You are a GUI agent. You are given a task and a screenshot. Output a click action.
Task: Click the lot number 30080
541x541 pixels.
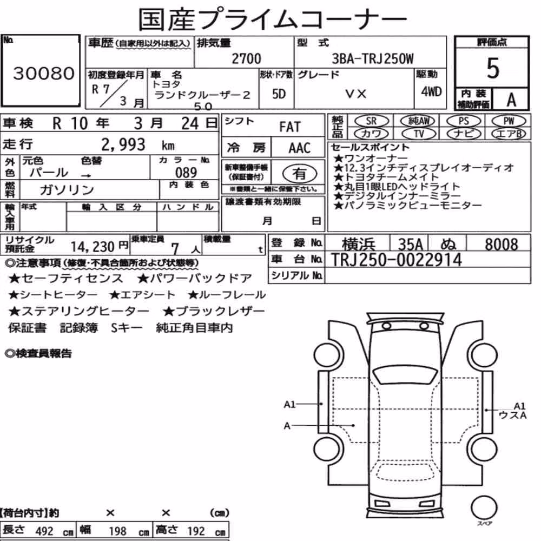coord(44,73)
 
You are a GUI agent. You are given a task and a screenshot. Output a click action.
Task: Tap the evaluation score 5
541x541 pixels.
coord(493,68)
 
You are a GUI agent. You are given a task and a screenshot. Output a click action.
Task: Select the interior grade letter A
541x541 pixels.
coord(511,100)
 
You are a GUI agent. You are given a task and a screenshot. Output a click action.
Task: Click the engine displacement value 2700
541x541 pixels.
coord(246,58)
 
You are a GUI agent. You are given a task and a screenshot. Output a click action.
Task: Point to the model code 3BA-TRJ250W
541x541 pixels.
coord(373,58)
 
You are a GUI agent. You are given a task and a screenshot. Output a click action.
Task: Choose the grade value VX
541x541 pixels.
coord(355,94)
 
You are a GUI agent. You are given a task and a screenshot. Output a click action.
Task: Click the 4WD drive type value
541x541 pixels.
coord(431,92)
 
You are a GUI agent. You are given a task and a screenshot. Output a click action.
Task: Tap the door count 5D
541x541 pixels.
coord(279,94)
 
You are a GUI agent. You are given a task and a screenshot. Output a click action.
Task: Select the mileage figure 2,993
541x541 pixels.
coord(123,144)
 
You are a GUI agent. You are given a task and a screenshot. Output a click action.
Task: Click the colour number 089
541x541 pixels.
coord(186,173)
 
